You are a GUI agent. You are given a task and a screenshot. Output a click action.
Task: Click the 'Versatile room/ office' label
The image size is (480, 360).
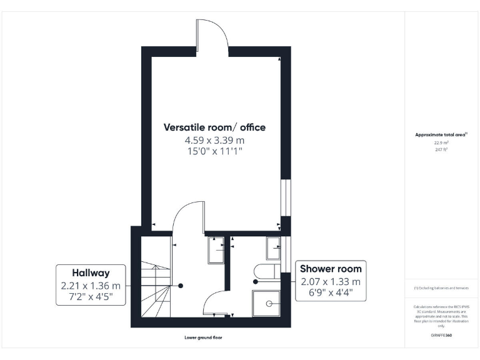click(x=214, y=127)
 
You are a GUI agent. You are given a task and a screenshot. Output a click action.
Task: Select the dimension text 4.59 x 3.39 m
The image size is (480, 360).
click(x=214, y=141)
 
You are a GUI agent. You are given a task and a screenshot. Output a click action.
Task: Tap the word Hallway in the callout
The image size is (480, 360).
click(x=91, y=272)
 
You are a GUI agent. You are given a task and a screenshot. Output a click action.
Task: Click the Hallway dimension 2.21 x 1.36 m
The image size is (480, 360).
click(x=91, y=286)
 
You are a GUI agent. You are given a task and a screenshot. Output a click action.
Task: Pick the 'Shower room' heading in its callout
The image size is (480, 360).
click(x=331, y=269)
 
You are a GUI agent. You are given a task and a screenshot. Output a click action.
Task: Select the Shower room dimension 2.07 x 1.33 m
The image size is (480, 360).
click(x=331, y=281)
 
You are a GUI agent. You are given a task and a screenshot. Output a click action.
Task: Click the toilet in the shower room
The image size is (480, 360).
click(x=266, y=271)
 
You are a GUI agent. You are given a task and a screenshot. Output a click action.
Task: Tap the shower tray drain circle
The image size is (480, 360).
click(x=270, y=303)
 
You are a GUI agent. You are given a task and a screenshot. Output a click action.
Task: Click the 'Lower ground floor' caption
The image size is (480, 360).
click(x=203, y=337)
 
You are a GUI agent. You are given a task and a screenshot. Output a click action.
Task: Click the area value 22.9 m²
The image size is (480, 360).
click(x=442, y=142)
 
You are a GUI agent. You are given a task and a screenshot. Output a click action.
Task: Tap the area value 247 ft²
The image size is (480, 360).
click(x=442, y=149)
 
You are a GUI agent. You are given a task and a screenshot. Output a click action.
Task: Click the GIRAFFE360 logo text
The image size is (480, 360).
click(x=441, y=335)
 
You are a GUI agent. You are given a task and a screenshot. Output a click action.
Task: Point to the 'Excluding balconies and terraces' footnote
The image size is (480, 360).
click(x=441, y=288)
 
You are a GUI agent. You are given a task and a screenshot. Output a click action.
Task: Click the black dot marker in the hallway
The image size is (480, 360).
click(x=181, y=286)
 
